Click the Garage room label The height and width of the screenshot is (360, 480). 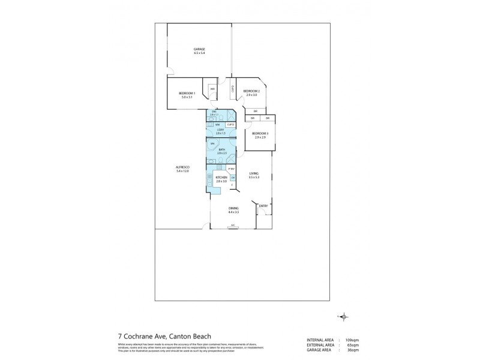199,49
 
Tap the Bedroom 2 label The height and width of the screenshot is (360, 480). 251,91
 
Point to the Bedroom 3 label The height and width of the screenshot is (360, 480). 259,133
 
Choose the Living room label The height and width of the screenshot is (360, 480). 254,173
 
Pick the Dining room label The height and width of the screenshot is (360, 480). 233,208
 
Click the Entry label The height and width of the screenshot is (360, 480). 263,206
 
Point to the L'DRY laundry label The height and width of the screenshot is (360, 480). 220,130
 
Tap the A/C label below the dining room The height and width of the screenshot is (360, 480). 233,226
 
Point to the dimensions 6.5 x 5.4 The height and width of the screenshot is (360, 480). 199,53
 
